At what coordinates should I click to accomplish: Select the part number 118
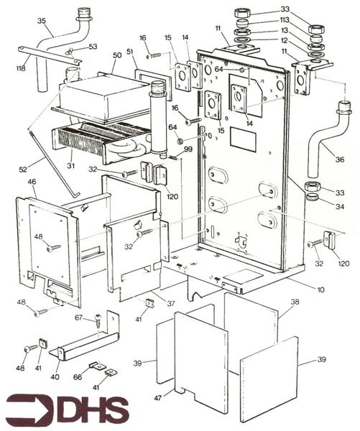pos(22,68)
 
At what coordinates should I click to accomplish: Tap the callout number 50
pos(117,55)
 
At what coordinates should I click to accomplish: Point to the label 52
pos(23,169)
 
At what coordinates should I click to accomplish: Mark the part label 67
pos(79,318)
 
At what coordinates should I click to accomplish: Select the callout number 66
pos(78,376)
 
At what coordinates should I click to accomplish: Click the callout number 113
pos(285,20)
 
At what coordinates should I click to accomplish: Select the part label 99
pos(188,149)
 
